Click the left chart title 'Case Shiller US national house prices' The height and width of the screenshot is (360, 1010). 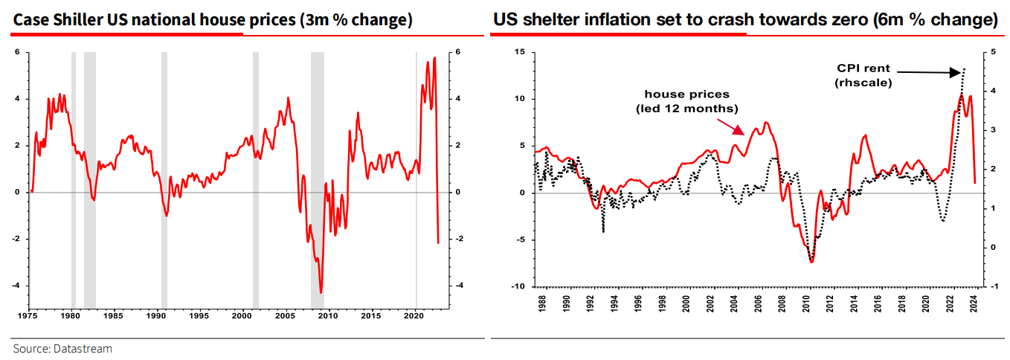[x=212, y=19]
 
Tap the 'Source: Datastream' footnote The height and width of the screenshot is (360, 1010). [x=62, y=348]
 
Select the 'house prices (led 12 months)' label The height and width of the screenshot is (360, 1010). [x=686, y=101]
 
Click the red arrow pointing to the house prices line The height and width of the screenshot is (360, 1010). [x=732, y=124]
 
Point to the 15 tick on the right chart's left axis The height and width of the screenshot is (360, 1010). [x=519, y=51]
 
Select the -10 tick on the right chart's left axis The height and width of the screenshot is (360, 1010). [x=518, y=286]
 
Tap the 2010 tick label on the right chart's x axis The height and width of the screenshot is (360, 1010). [x=807, y=303]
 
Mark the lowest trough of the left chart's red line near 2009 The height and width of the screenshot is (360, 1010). [x=321, y=292]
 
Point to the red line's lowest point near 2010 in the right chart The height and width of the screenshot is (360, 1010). [x=811, y=262]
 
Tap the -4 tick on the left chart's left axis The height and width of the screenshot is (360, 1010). [x=19, y=286]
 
